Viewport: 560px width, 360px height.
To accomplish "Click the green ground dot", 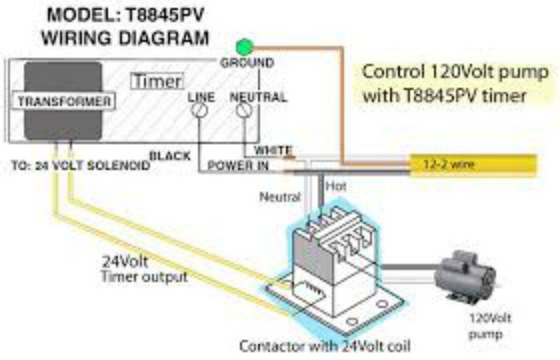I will click(x=245, y=47).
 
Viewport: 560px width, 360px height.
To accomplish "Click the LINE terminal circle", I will click(x=198, y=111).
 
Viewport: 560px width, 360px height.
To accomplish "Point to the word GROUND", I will click(x=247, y=63).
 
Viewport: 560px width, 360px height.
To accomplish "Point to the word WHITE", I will click(x=273, y=150).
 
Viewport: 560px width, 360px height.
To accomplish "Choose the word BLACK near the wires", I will click(x=170, y=155).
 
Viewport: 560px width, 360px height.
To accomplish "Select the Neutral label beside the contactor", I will click(x=280, y=197).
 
